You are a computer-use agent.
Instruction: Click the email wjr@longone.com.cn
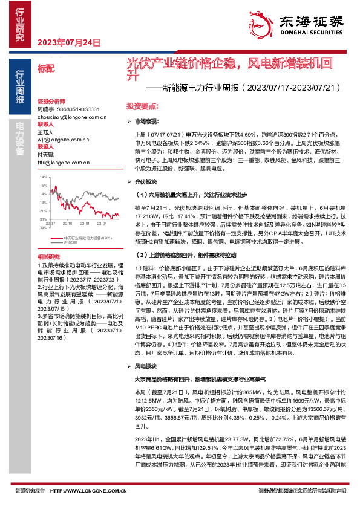click(x=58, y=139)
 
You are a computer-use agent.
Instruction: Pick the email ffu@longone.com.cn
click(x=57, y=163)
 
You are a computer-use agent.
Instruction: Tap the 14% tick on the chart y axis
click(x=44, y=177)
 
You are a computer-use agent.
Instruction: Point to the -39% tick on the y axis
click(x=43, y=228)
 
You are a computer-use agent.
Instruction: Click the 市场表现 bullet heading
click(x=145, y=122)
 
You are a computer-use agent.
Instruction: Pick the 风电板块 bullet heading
click(x=145, y=366)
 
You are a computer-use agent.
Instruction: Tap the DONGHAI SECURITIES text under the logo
click(x=309, y=34)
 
